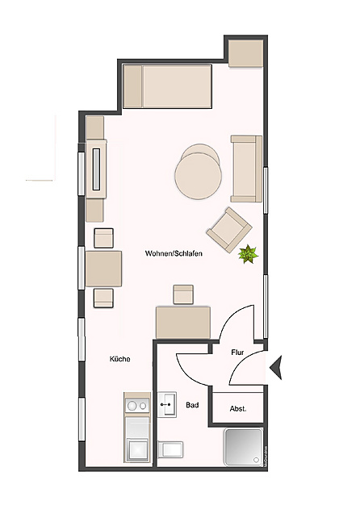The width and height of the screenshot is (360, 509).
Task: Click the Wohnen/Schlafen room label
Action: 174,253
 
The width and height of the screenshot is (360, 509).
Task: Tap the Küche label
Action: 120,359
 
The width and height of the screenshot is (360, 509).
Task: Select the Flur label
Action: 237,352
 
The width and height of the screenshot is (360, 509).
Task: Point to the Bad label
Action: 192,405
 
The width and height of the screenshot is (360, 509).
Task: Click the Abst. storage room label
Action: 238,408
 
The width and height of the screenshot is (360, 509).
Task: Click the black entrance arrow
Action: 274,369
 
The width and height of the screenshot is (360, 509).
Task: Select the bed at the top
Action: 167,87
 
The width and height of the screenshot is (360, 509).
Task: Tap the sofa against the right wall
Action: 246,168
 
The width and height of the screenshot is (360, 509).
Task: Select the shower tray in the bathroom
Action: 244,449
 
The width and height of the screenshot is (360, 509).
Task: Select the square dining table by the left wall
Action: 103,268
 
